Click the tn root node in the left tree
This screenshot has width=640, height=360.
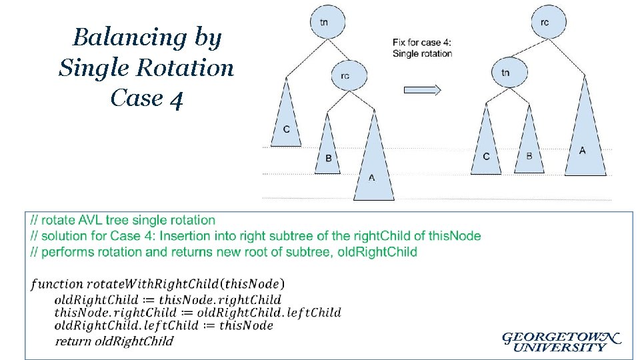pos(324,22)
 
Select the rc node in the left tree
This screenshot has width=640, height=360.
pos(345,76)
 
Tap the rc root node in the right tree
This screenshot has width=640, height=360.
pos(545,22)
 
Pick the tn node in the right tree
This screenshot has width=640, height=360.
pos(505,72)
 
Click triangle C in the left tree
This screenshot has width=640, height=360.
pos(287,120)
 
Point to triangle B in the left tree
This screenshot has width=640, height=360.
pos(328,150)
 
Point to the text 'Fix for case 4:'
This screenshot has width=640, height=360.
pos(422,43)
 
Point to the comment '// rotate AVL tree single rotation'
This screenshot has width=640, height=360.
pos(123,221)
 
